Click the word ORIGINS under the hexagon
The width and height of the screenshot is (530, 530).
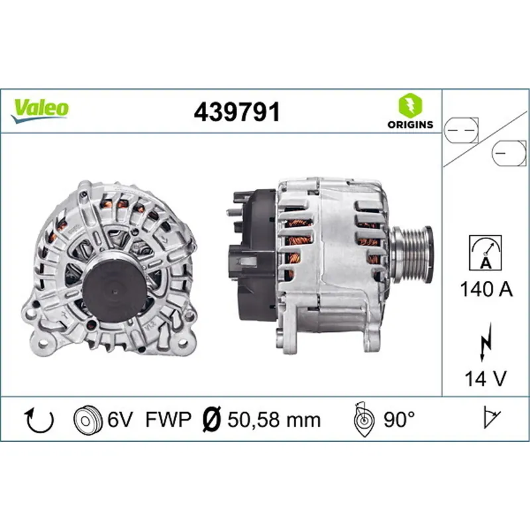point(409,124)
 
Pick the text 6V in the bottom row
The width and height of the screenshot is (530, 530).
point(121,419)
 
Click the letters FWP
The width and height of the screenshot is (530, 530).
point(168,419)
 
